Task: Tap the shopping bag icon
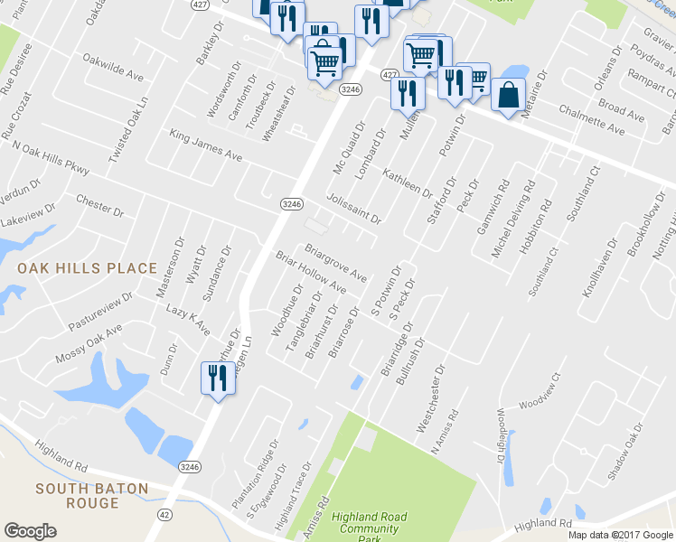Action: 510,95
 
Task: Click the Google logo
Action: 30,530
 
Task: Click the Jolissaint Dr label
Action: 353,208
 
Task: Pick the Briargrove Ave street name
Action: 335,261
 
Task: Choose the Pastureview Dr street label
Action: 101,311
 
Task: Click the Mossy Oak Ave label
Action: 88,344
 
